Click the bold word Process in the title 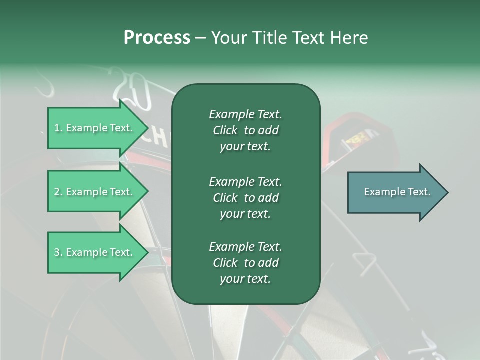[x=157, y=38]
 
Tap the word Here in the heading [x=349, y=38]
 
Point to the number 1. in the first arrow [x=58, y=128]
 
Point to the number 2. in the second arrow [x=58, y=192]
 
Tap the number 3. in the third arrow [x=58, y=252]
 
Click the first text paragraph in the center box [x=245, y=130]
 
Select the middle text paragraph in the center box [x=245, y=197]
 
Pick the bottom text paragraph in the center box [x=245, y=263]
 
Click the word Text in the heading [x=307, y=38]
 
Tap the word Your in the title [x=228, y=38]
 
